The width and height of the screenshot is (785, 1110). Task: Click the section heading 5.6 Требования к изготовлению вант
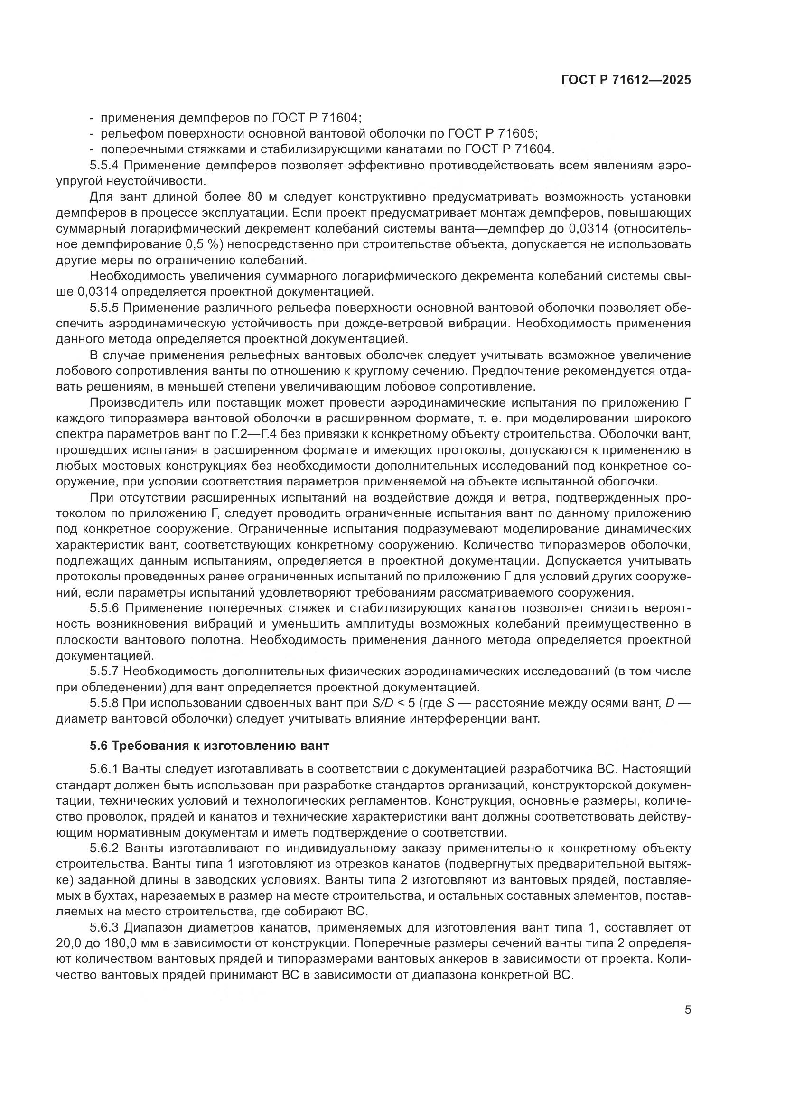pos(209,746)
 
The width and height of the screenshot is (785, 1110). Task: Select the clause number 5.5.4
pos(105,165)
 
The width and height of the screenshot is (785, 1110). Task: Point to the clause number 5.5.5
pos(105,308)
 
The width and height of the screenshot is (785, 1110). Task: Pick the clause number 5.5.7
pos(105,671)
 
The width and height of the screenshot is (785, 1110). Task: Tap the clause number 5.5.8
pos(105,703)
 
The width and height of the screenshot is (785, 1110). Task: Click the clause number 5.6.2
pos(105,848)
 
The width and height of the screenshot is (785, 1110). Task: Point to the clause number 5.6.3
pos(105,927)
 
